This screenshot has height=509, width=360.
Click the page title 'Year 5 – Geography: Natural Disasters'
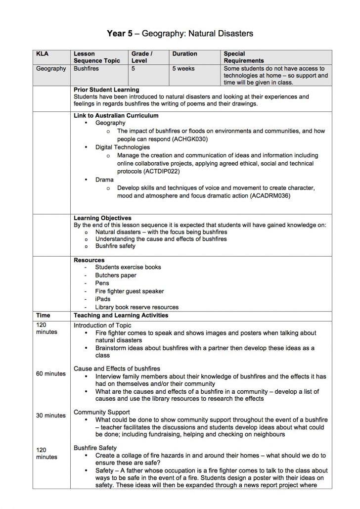[x=180, y=34]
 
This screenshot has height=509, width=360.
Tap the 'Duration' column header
[x=184, y=53]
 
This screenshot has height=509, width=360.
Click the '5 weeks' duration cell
[x=183, y=69]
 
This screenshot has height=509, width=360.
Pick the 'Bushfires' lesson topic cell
[x=86, y=69]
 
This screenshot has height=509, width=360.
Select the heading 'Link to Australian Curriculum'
[x=116, y=115]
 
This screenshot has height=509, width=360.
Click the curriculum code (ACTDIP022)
[x=161, y=171]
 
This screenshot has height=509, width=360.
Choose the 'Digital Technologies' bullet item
[x=122, y=147]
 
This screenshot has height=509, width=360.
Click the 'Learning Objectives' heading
[x=102, y=218]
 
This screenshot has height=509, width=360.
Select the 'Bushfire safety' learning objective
[x=115, y=246]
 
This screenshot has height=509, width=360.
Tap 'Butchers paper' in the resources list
[x=116, y=275]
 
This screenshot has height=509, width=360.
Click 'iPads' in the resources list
[x=103, y=299]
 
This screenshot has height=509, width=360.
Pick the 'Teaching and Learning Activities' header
[x=121, y=315]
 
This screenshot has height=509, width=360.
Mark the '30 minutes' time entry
[x=51, y=416]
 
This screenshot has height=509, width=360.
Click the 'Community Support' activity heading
[x=102, y=412]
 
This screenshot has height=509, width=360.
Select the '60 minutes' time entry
[x=51, y=373]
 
